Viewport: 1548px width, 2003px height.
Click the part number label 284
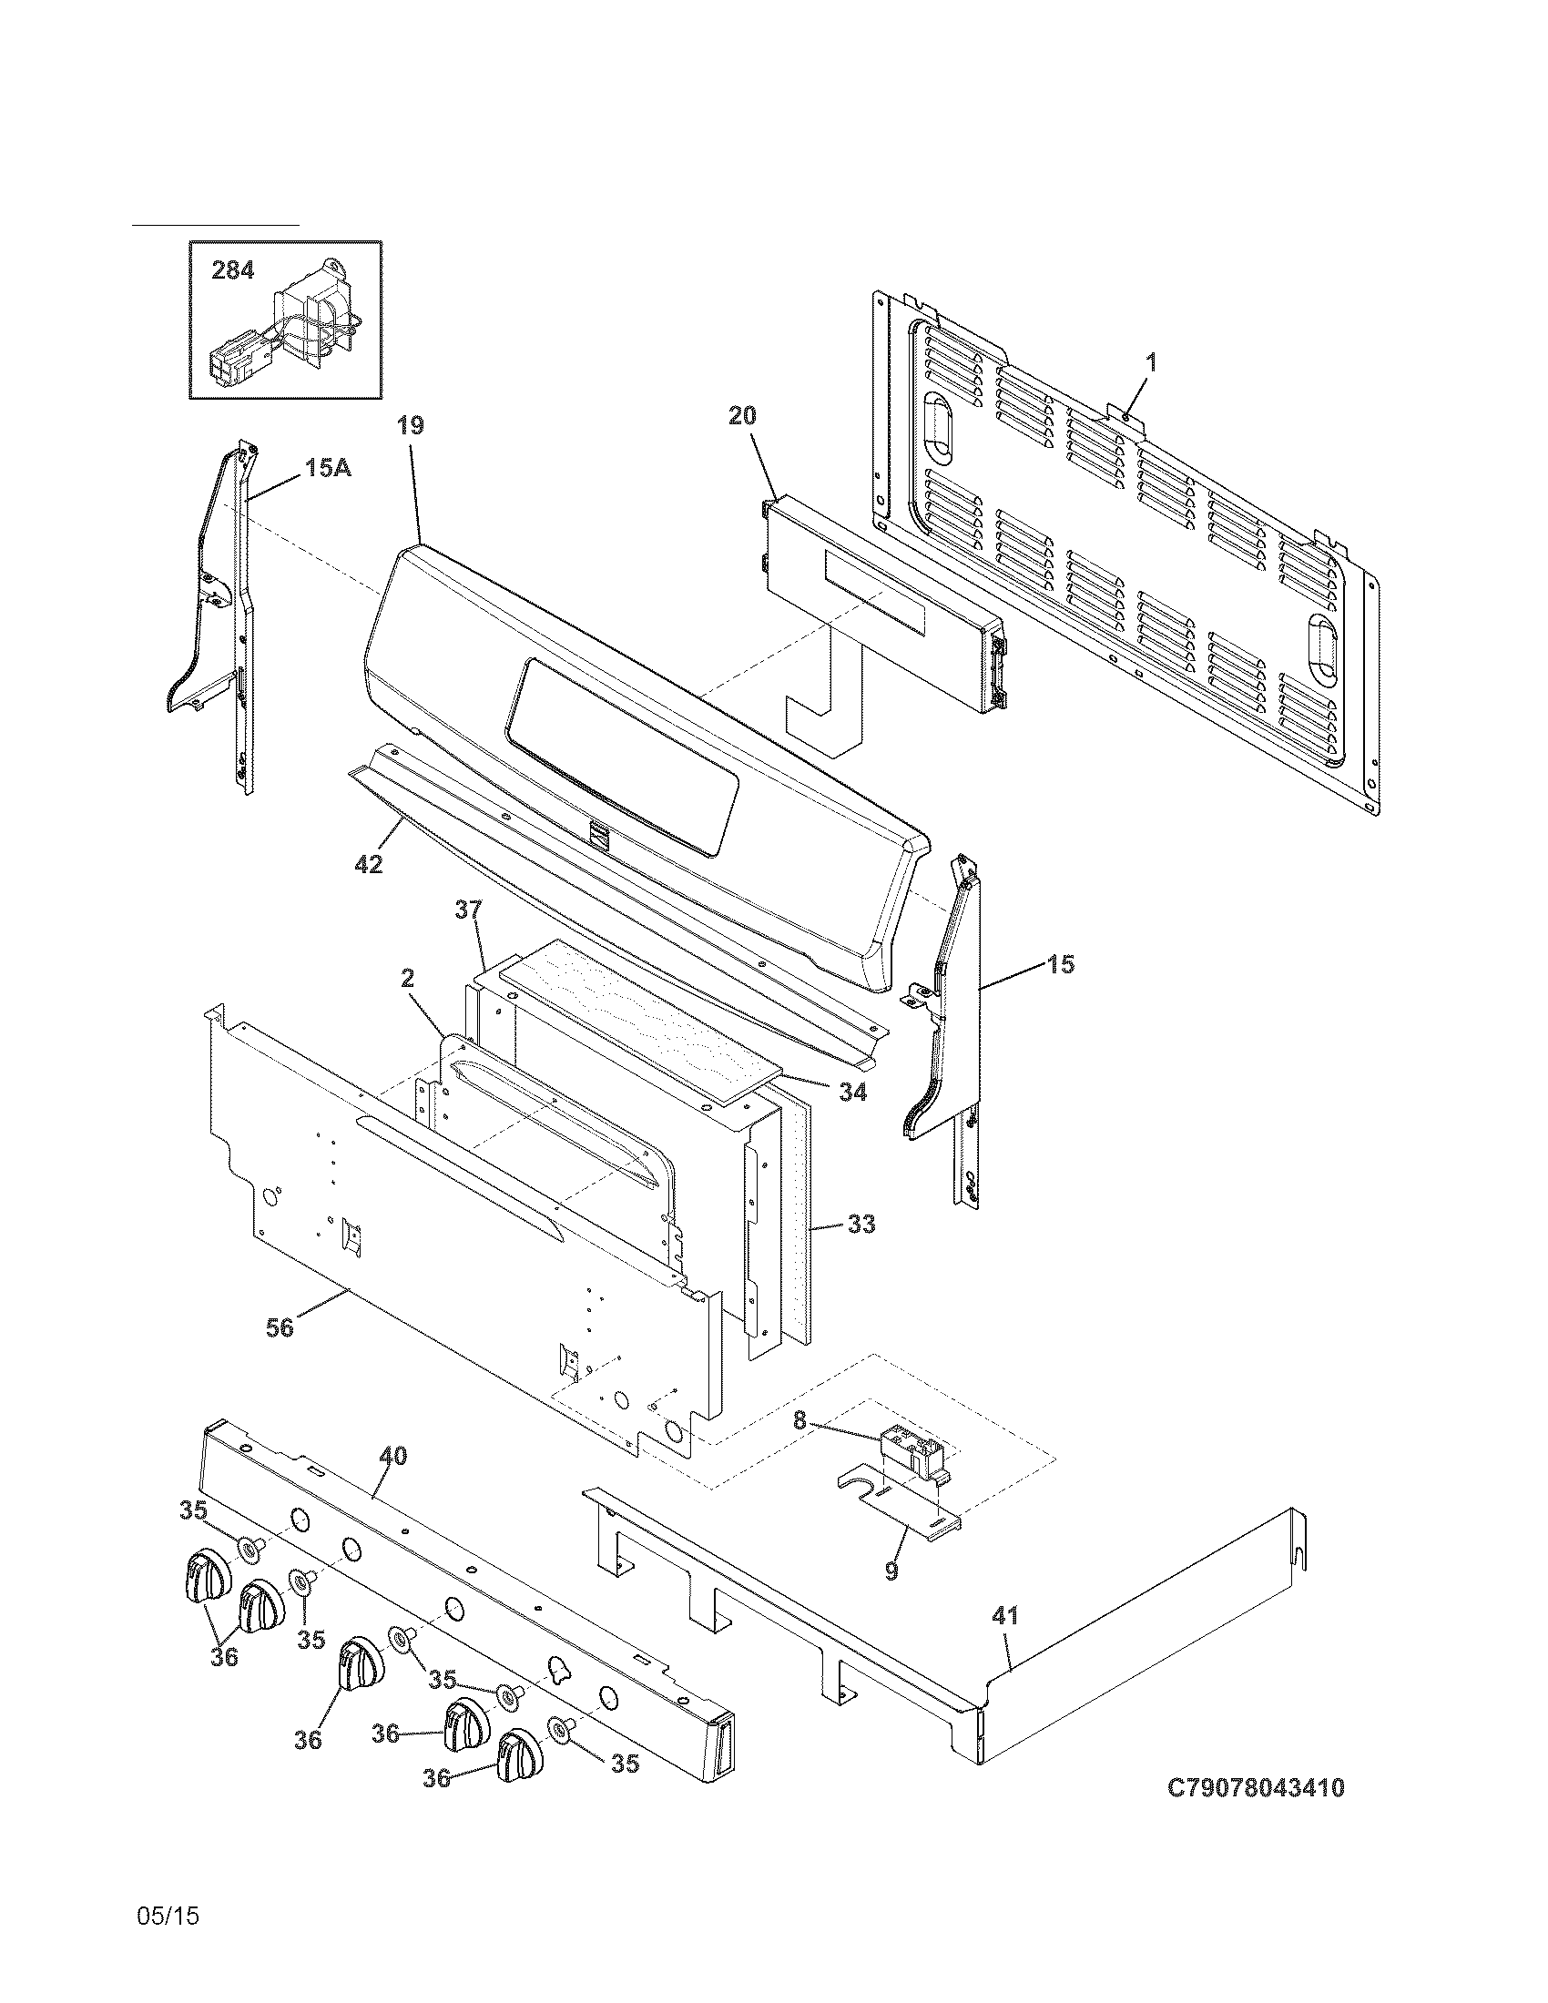tap(232, 270)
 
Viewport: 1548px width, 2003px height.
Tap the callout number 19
tap(411, 425)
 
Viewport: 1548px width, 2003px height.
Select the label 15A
tap(328, 468)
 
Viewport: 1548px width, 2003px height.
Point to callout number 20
tap(742, 415)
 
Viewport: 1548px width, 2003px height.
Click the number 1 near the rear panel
tap(1151, 362)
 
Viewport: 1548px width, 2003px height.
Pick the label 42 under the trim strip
tap(369, 864)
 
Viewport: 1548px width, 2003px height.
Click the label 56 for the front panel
tap(280, 1327)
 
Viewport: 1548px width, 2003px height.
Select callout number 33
tap(861, 1225)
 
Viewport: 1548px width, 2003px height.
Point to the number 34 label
tap(852, 1093)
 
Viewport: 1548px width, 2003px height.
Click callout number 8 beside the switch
tap(799, 1420)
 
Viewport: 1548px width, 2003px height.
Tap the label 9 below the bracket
tap(891, 1571)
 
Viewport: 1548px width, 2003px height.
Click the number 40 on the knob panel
tap(392, 1456)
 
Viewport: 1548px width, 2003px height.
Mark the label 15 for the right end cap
tap(1061, 964)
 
